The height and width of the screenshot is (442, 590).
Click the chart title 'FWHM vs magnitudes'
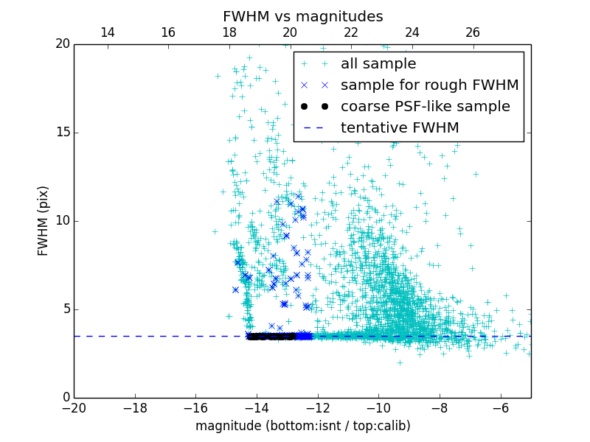302,16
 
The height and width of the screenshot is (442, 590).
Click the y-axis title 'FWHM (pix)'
44,220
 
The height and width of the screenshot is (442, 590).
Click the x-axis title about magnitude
302,426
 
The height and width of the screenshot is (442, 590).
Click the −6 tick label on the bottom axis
500,407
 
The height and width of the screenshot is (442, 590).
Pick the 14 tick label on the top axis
107,32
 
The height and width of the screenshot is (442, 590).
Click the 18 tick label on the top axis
229,32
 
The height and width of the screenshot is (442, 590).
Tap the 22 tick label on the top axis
351,32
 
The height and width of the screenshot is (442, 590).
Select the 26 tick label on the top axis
473,32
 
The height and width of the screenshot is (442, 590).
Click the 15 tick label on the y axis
61,133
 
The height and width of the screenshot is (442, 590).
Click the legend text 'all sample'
378,64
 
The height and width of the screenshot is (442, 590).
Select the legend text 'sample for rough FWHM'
429,85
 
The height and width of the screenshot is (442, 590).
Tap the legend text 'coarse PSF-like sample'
425,107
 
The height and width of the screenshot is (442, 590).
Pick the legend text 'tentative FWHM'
400,128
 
